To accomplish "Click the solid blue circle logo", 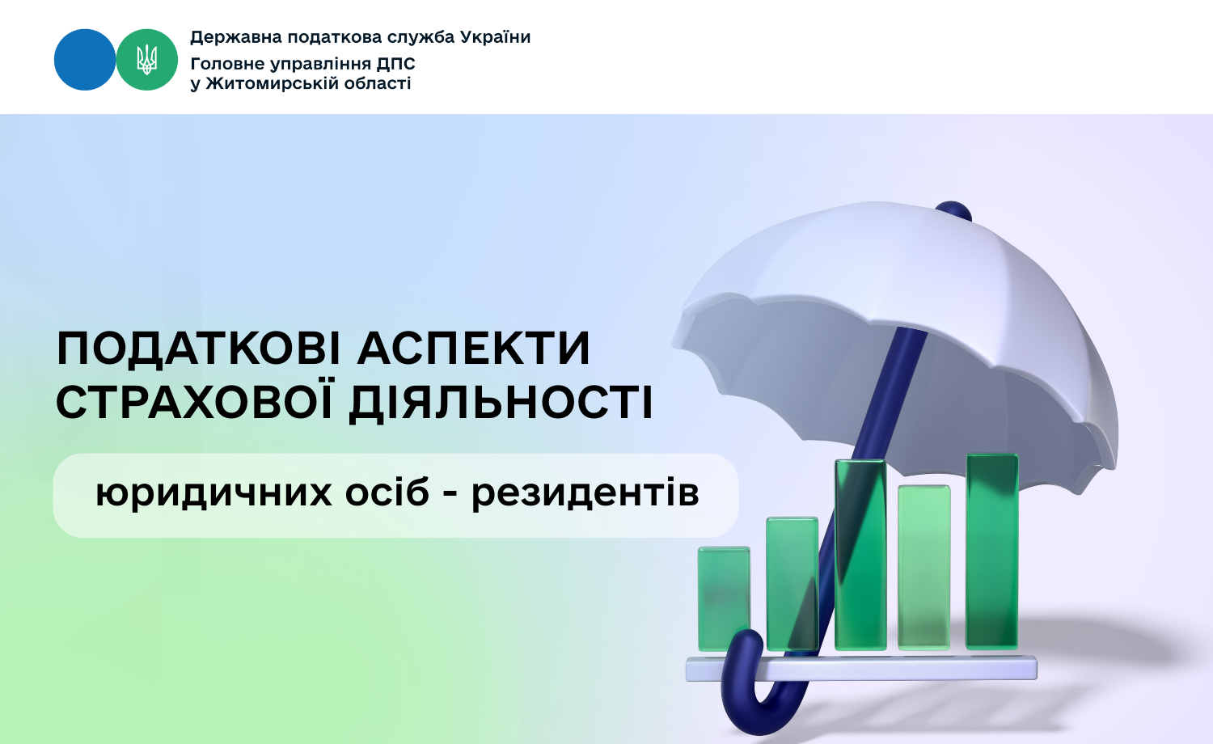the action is tap(85, 60).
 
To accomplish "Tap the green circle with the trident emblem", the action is tap(146, 60).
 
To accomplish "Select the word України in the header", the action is tap(495, 37).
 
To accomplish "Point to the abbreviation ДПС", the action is tap(396, 64).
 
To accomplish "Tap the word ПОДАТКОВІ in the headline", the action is tap(199, 349).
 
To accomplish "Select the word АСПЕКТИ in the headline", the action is tap(473, 349).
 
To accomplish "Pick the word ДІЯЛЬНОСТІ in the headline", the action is tap(501, 403).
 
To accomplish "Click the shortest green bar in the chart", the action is tap(724, 598).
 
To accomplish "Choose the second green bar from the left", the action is tap(792, 583).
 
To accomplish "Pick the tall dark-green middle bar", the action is tap(860, 555).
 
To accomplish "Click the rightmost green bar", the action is tap(992, 551).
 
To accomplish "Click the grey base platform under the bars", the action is tap(861, 668).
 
